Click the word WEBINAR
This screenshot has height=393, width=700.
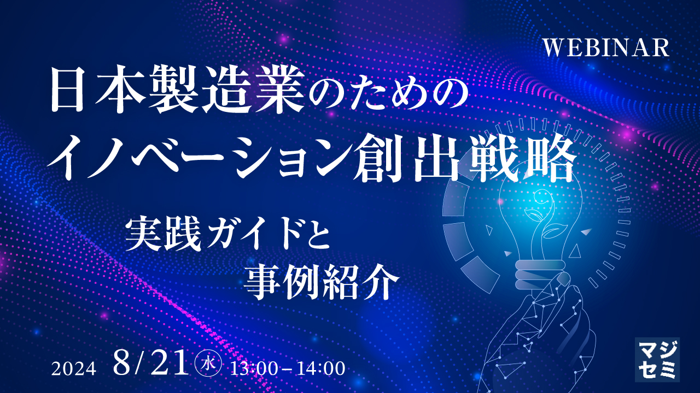(606, 47)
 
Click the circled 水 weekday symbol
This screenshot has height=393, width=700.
(208, 364)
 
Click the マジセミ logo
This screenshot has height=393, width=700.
(657, 359)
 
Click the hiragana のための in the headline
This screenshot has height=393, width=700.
(388, 93)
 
